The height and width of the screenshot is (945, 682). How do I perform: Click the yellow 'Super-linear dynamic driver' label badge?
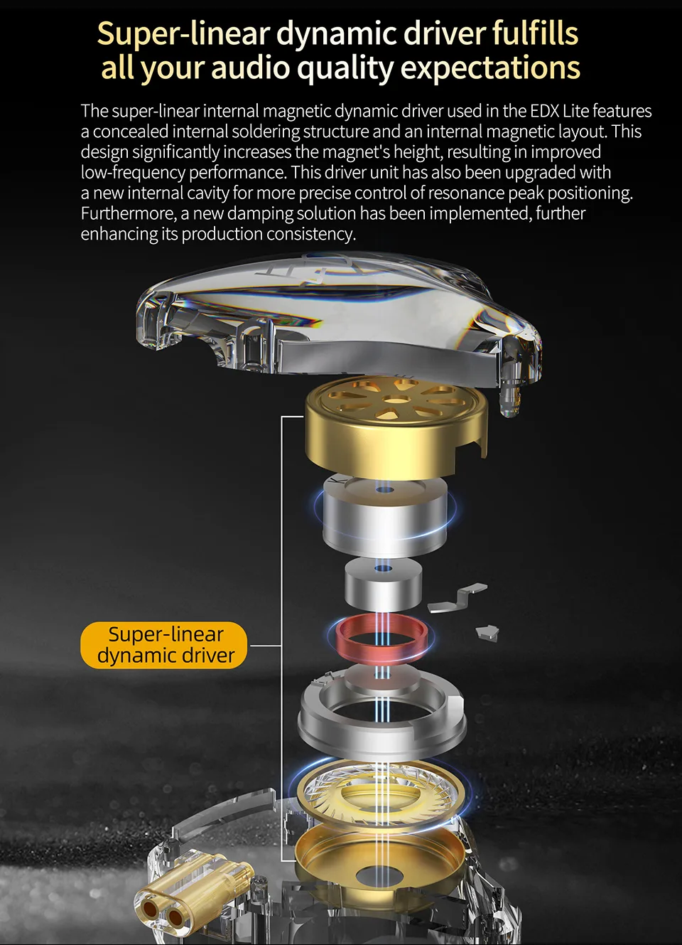163,645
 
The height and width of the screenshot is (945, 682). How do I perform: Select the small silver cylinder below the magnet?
383,584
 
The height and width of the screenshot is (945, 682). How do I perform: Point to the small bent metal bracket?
458,598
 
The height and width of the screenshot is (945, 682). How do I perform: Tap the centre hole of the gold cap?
396,398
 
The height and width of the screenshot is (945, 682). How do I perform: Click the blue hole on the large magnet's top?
384,490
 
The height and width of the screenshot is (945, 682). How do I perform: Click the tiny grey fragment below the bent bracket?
487,633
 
